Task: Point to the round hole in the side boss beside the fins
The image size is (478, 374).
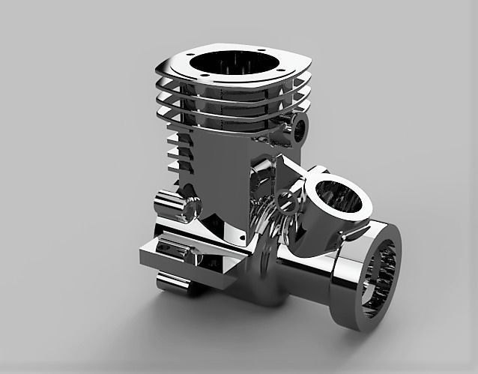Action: (302, 129)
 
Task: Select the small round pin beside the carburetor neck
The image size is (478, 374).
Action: (285, 198)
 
